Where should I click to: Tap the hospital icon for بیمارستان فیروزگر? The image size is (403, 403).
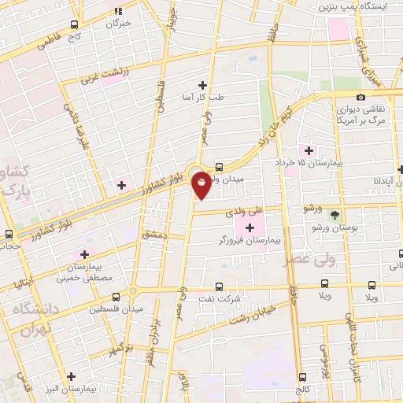[x=250, y=228]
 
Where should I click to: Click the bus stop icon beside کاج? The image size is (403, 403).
[x=75, y=25]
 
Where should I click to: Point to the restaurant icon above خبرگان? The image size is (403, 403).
[x=119, y=11]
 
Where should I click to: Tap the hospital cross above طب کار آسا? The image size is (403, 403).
[x=202, y=85]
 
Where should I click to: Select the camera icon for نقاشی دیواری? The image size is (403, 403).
[x=361, y=97]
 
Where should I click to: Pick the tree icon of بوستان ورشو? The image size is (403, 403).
[x=335, y=215]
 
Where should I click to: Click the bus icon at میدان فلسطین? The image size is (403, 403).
[x=116, y=297]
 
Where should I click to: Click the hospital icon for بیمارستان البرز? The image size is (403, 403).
[x=72, y=375]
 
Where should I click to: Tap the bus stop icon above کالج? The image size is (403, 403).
[x=303, y=378]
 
